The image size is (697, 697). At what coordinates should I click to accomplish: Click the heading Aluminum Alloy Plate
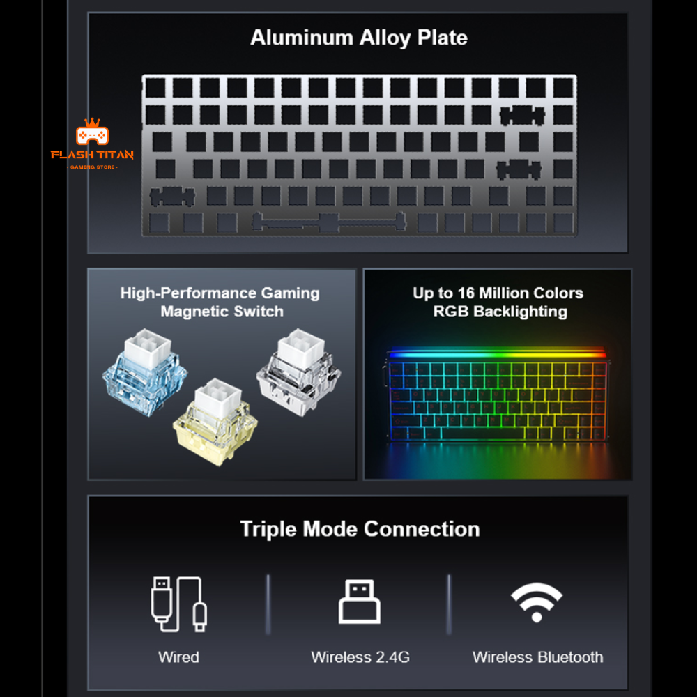(359, 38)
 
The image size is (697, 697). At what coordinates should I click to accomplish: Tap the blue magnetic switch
(144, 372)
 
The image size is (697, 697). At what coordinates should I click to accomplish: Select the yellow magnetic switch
(215, 422)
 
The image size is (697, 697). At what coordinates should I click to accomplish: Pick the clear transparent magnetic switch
(299, 372)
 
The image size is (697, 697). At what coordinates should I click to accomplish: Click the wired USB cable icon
(178, 604)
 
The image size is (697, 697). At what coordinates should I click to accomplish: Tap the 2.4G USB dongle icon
(359, 602)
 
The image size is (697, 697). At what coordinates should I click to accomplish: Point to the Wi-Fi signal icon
(537, 602)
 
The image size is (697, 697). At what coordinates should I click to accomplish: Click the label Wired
(178, 657)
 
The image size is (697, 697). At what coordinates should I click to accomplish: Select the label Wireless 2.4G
(360, 657)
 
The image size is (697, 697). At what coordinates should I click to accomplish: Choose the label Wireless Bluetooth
(537, 657)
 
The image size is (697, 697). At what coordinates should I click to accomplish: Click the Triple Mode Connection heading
(360, 529)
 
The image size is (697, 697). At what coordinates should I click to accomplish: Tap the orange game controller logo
(92, 132)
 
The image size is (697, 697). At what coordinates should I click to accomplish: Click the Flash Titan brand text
(92, 155)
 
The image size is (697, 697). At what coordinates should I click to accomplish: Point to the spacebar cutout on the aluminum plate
(329, 222)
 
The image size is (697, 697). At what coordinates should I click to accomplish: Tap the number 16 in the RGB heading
(466, 293)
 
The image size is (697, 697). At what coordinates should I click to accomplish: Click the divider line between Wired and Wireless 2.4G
(268, 604)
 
